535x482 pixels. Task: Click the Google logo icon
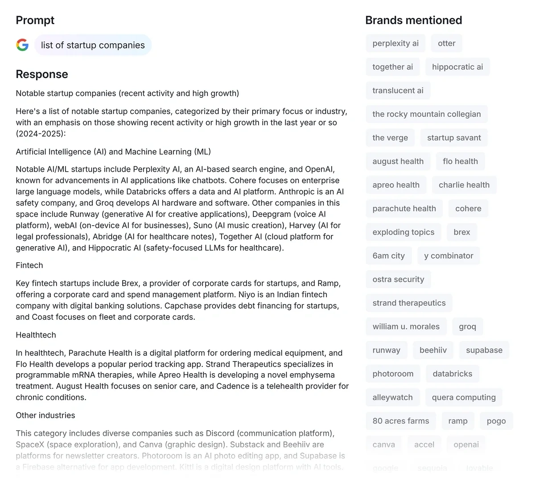coord(22,45)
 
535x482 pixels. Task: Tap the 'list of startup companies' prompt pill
coord(93,45)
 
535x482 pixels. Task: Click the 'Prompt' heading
coord(35,20)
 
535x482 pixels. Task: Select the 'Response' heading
coord(42,74)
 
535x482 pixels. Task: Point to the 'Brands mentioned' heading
coord(413,20)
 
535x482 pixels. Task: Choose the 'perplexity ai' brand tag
coord(395,43)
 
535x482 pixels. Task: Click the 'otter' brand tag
coord(446,43)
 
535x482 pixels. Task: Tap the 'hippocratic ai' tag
coord(457,67)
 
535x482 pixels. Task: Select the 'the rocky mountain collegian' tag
coord(427,114)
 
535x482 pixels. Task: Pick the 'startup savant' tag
coord(454,138)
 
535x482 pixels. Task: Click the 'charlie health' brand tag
coord(464,185)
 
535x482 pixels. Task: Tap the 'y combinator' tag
coord(449,256)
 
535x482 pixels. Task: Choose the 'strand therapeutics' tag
coord(409,303)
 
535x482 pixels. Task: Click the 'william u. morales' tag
coord(406,327)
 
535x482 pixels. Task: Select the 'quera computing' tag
coord(464,397)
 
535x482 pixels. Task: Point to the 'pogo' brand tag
coord(496,421)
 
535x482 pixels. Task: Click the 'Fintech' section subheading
coord(29,265)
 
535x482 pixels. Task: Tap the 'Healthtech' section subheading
coord(36,335)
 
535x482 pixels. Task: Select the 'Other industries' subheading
coord(45,415)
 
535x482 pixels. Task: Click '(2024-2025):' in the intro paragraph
coord(41,134)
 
